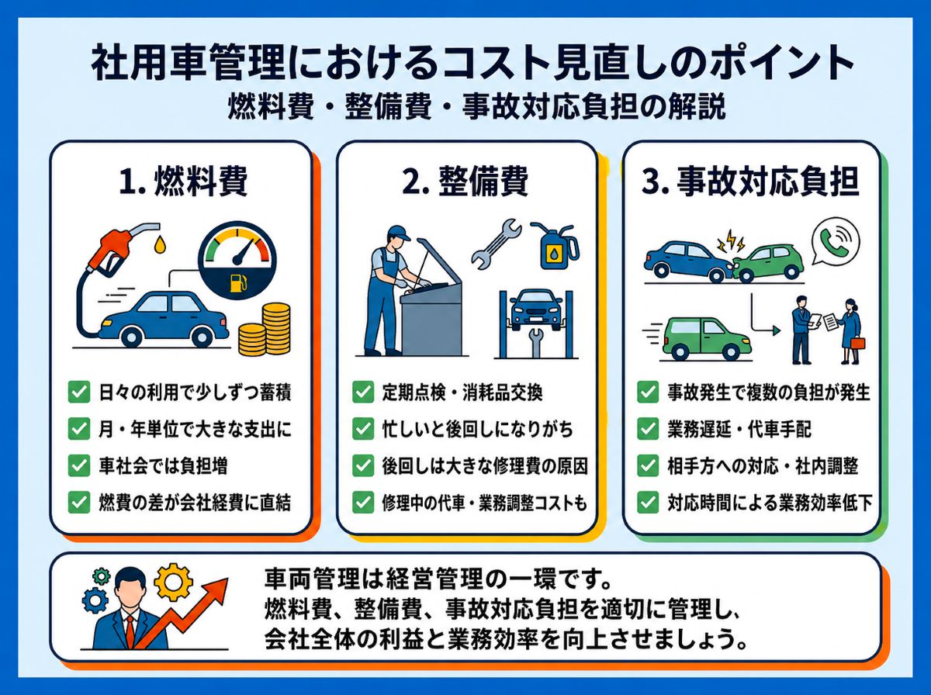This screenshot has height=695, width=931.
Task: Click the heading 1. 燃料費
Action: [183, 182]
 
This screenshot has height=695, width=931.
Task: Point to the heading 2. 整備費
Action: [465, 182]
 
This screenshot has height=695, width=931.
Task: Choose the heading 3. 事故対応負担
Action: [750, 182]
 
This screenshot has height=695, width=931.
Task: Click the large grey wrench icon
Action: [497, 244]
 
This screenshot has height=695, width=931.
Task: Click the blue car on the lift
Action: [536, 309]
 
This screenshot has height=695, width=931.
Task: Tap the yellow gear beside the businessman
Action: [173, 581]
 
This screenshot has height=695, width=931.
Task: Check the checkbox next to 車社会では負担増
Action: [79, 465]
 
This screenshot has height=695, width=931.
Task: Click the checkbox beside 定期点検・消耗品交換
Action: [363, 392]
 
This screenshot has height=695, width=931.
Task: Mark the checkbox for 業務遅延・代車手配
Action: [648, 429]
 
